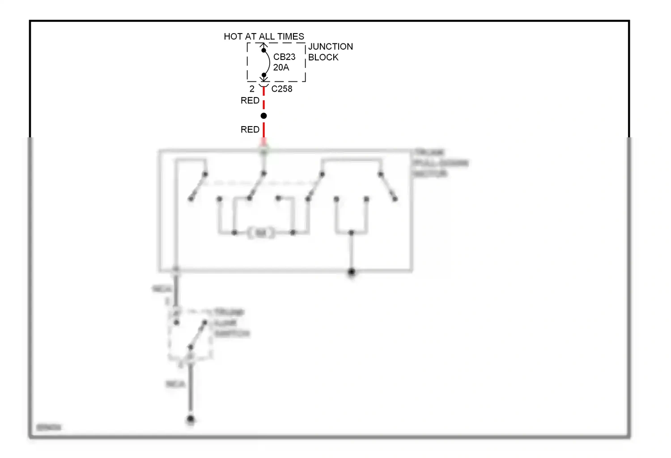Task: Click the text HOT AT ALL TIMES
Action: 263,36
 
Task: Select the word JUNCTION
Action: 330,47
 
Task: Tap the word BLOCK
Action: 323,57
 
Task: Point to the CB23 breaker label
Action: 284,57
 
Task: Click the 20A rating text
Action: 281,68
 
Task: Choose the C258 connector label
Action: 281,89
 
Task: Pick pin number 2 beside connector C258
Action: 252,89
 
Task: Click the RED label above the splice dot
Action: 250,101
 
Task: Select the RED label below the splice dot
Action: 250,130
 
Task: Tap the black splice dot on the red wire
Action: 263,116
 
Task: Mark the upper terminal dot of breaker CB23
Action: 263,51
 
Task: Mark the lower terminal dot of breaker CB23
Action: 263,75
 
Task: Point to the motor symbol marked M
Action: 261,233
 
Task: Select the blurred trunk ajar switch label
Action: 231,323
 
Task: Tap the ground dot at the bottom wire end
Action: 191,420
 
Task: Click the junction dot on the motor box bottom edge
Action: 351,271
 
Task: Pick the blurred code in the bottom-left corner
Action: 48,428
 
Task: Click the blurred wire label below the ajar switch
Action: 175,384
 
